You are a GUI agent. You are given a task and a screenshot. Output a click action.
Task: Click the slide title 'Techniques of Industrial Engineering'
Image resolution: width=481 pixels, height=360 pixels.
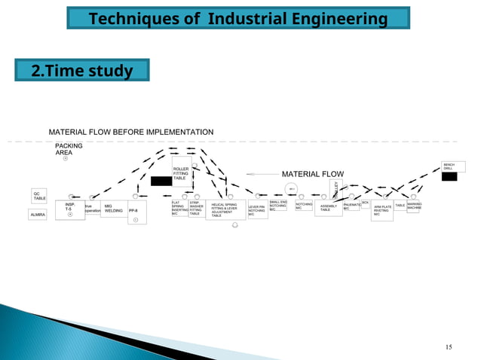coord(238,17)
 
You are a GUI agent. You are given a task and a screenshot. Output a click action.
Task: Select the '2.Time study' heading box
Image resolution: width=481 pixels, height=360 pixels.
coord(81,71)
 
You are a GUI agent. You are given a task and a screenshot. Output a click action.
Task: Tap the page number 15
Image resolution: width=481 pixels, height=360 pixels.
coord(449,346)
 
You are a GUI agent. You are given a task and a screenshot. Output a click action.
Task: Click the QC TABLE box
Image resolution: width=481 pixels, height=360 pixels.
coord(39,196)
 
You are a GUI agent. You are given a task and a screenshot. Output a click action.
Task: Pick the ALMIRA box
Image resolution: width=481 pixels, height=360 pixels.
coord(38,215)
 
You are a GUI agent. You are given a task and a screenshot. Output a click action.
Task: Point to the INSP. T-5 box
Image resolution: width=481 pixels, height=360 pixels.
coord(69,209)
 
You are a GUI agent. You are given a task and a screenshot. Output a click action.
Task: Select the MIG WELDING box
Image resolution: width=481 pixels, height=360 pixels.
coord(113,209)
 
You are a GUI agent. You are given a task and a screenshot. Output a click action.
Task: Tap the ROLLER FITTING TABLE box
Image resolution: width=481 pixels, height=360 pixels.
coord(182,172)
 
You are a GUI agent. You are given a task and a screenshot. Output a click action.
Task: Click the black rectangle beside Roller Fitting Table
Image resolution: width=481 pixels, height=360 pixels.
coord(161,181)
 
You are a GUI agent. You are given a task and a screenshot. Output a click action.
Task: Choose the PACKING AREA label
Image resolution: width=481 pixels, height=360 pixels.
coord(69,149)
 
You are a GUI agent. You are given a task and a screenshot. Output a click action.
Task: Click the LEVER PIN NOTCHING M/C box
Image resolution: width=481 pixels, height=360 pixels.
coord(257,209)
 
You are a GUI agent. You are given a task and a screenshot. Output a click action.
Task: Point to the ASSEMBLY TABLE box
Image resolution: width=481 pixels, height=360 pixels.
coord(329,208)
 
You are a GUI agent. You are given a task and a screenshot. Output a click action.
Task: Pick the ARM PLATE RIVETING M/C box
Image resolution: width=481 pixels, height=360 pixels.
coord(382,210)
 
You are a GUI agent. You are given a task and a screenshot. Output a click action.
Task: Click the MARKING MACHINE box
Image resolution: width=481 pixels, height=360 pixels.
coord(413,206)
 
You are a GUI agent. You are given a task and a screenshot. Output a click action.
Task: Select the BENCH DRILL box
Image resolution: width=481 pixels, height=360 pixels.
coord(453,166)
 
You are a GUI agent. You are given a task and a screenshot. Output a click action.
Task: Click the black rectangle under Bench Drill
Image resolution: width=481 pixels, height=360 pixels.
coord(449,177)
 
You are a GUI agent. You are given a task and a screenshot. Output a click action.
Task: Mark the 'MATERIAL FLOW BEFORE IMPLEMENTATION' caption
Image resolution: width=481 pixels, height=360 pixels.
coord(131,133)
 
